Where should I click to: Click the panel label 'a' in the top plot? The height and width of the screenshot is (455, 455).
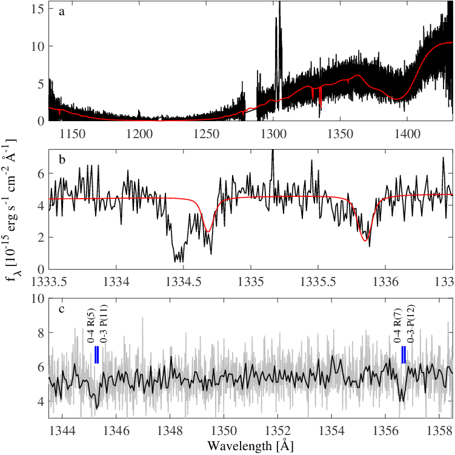coord(62,13)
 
